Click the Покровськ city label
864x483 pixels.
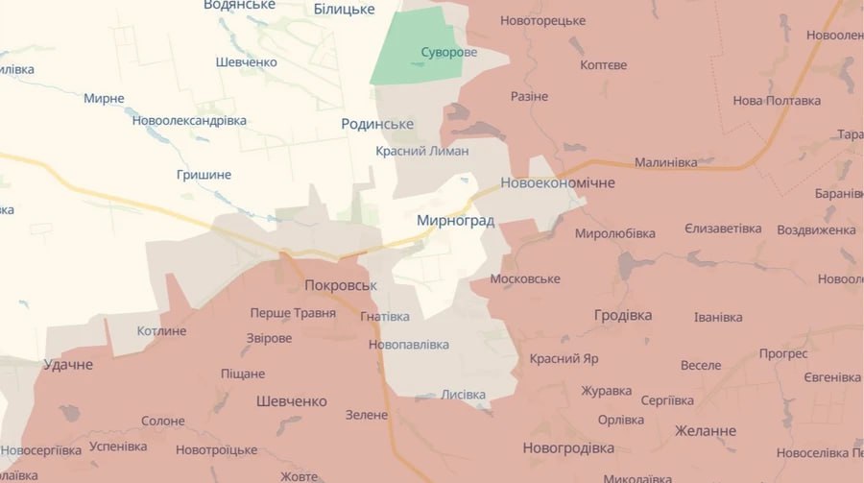coord(341,285)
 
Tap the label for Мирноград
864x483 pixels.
coord(455,221)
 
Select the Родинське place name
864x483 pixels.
coord(377,124)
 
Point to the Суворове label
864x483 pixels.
coord(448,52)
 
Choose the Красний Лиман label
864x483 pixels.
coord(421,151)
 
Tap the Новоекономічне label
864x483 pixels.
coord(558,182)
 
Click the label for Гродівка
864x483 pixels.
coord(622,315)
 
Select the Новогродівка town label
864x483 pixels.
coord(568,447)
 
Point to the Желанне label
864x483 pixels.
coord(705,430)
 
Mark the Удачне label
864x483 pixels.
coord(68,365)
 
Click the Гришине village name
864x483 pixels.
coord(204,175)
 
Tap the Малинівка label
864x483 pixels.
coord(665,162)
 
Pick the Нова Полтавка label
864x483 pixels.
coord(777,101)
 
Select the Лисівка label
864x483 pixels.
coord(463,394)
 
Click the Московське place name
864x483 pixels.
coord(524,278)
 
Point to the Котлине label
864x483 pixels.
coord(161,331)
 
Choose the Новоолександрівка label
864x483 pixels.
coord(189,120)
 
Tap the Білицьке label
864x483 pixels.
coord(344,9)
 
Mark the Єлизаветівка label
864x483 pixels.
coord(723,229)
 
